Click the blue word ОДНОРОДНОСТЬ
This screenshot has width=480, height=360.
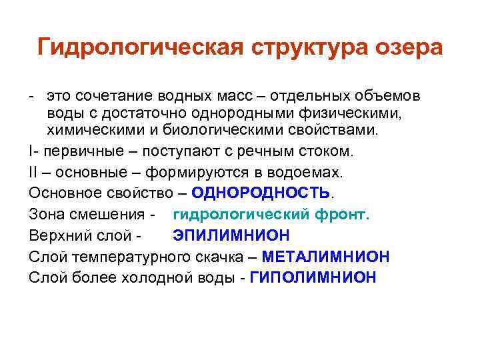tap(261, 193)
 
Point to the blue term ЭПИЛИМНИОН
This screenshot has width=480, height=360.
tap(231, 235)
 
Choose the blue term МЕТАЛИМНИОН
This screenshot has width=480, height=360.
tap(326, 257)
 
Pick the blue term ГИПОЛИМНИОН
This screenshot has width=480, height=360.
tap(313, 278)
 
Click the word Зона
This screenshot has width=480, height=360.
tap(46, 215)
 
